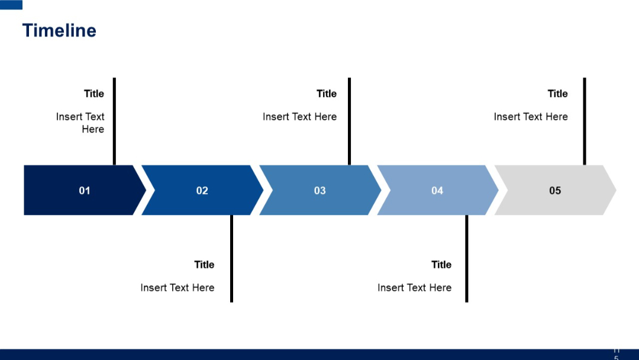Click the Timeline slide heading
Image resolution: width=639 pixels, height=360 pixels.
click(x=59, y=31)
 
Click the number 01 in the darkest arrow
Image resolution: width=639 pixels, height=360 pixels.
click(x=85, y=191)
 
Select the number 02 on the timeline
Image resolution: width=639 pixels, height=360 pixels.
click(x=202, y=191)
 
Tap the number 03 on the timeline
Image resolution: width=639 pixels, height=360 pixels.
click(x=319, y=191)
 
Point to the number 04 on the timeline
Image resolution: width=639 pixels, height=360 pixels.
click(x=437, y=191)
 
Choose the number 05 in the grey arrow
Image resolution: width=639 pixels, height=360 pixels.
click(x=555, y=191)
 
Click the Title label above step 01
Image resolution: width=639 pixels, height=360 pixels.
click(x=94, y=94)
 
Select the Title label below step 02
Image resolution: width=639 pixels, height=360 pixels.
click(x=204, y=265)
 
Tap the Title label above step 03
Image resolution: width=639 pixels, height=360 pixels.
click(x=327, y=94)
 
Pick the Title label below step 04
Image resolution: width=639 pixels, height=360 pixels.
click(x=441, y=265)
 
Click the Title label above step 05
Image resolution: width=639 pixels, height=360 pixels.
click(x=557, y=94)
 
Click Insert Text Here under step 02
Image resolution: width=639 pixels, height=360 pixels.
click(x=177, y=288)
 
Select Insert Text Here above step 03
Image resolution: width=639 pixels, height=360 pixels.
click(x=299, y=117)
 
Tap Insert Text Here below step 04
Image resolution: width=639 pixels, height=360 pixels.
click(x=414, y=288)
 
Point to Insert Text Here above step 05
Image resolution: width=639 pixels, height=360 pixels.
click(x=531, y=117)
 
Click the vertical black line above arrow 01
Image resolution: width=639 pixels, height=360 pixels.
click(x=114, y=121)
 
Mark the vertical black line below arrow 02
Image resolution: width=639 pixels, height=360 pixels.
click(x=231, y=259)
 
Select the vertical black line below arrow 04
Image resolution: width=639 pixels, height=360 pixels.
click(x=466, y=259)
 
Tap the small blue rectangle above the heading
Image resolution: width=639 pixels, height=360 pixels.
click(x=11, y=5)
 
